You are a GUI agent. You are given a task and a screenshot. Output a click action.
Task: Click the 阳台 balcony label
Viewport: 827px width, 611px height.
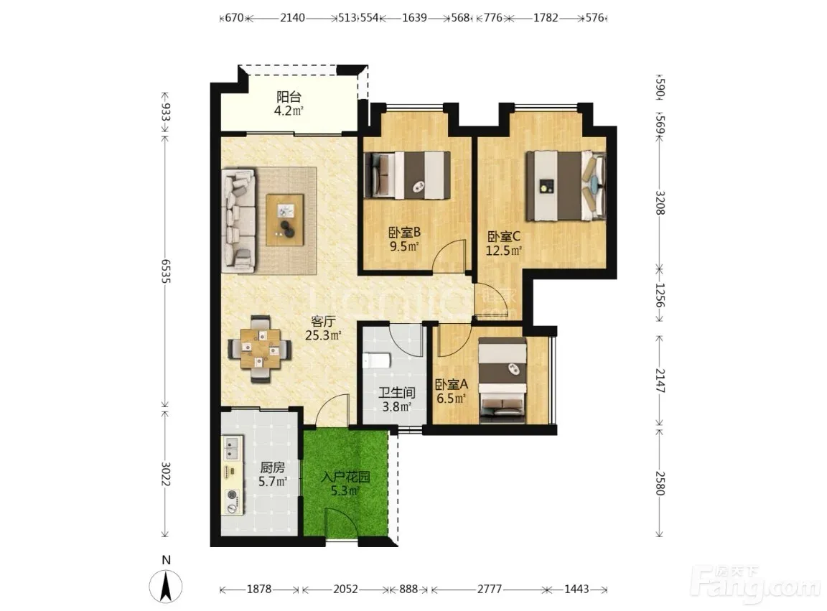289,97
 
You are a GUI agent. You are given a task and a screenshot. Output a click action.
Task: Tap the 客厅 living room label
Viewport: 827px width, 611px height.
323,322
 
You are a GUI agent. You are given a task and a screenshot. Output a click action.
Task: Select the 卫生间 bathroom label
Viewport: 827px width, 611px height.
396,393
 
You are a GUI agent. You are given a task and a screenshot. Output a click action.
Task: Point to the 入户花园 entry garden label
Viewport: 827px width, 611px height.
345,477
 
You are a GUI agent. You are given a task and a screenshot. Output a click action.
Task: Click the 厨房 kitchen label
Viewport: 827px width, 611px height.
273,467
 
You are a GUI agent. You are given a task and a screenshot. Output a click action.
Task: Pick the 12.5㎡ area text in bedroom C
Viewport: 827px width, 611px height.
503,251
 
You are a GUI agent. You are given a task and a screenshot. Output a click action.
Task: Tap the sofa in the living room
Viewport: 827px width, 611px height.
239,220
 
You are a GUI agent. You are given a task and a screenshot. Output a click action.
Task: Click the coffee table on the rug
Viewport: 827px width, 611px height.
285,220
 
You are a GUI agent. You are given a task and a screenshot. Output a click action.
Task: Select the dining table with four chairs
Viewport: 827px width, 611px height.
259,348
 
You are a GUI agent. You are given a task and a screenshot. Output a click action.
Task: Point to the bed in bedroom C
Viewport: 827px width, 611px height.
566,185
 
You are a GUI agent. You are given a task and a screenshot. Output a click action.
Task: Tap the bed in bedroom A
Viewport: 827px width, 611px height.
503,381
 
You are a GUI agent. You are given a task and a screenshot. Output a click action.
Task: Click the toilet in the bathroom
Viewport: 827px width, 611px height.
376,361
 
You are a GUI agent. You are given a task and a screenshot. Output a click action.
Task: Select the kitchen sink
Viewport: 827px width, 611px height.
232,448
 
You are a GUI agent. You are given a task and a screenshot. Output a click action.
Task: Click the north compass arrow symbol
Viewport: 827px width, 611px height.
166,586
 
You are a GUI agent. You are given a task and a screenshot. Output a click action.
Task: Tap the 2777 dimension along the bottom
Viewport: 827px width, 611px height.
490,589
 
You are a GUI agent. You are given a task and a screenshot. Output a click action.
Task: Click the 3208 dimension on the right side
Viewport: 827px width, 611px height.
660,202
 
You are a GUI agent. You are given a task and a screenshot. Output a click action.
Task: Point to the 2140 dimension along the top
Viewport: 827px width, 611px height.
292,17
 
